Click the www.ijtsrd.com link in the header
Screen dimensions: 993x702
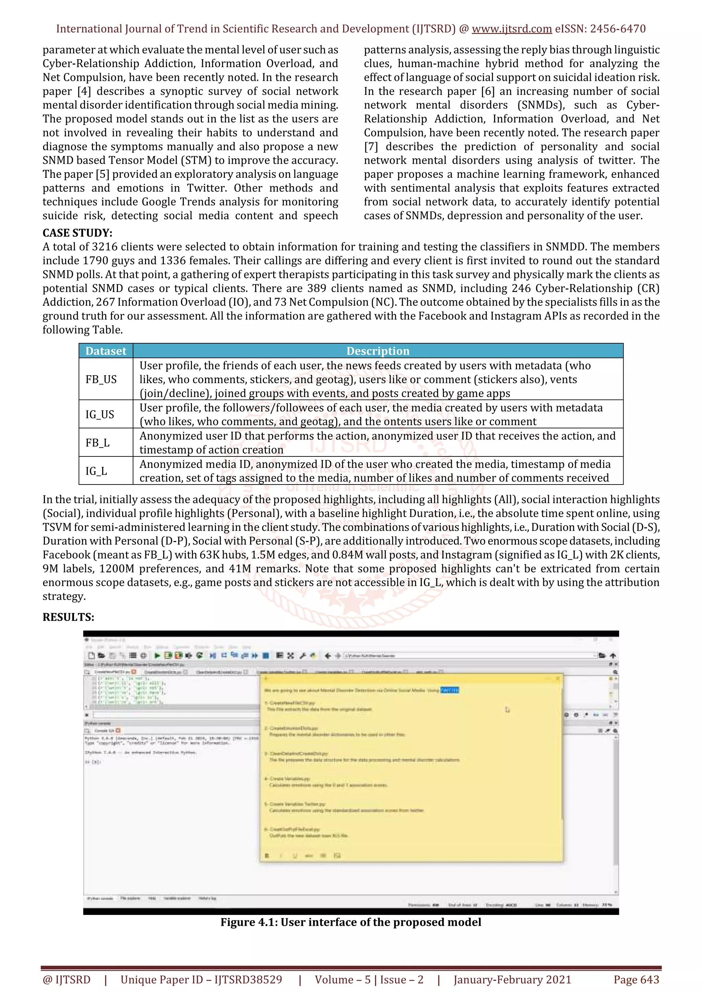tap(511, 29)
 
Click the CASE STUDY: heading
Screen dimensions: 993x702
tap(77, 233)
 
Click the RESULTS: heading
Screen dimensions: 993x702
tap(68, 617)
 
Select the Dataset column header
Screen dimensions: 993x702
tap(106, 351)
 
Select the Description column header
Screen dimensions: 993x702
tap(378, 351)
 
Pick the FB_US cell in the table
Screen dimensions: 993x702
tap(101, 379)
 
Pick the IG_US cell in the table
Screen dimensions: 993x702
tap(100, 414)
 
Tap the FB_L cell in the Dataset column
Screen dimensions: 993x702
tap(97, 443)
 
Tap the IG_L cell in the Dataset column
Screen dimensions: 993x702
tap(96, 471)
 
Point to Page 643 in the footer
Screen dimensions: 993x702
tap(636, 980)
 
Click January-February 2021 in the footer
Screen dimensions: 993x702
tap(512, 980)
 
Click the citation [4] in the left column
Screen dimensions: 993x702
tap(84, 91)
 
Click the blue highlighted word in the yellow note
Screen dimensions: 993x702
tap(449, 690)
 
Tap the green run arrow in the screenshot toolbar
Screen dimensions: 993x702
tap(157, 655)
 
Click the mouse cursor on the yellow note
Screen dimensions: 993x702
tap(507, 710)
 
